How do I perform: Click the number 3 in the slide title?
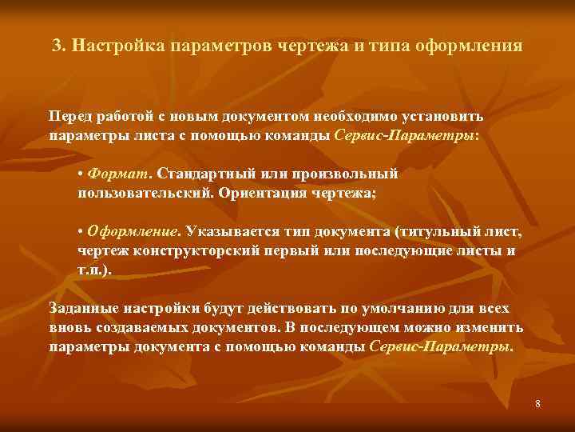[56, 45]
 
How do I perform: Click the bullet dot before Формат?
[81, 174]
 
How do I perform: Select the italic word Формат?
[121, 174]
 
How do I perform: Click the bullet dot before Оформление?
[81, 232]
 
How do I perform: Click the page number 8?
[537, 404]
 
